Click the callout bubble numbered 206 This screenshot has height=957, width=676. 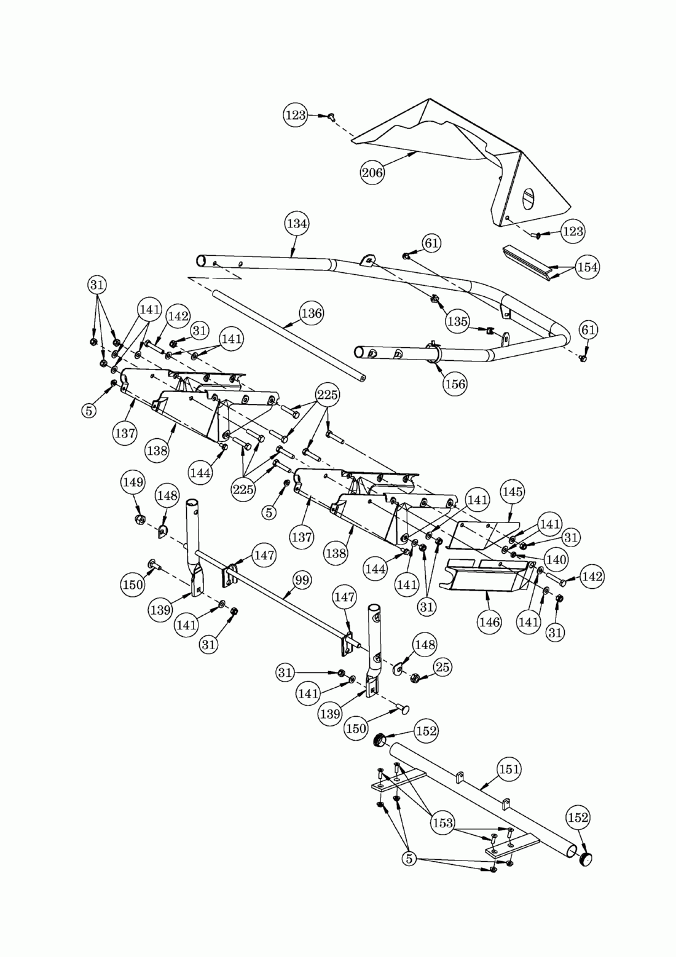pos(372,172)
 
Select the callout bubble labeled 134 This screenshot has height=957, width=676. pos(297,223)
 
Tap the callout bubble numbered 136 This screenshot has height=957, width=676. pos(312,313)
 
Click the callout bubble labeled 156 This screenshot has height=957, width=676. pos(455,384)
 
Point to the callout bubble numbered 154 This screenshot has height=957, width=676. pos(587,267)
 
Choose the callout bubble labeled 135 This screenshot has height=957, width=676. pos(458,321)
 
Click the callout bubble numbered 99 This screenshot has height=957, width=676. pos(301,580)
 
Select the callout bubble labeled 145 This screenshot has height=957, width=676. pos(512,492)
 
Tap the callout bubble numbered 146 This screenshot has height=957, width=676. pos(489,622)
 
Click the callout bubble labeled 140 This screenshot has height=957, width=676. pos(556,559)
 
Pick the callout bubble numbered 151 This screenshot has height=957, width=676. pos(509,769)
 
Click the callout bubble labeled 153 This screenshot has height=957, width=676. pos(443,822)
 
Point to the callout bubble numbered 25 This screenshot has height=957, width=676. pos(442,667)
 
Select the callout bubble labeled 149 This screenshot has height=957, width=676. pos(133,482)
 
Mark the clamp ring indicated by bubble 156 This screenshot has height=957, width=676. pos(436,357)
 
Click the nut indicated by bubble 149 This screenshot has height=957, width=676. pos(140,521)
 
